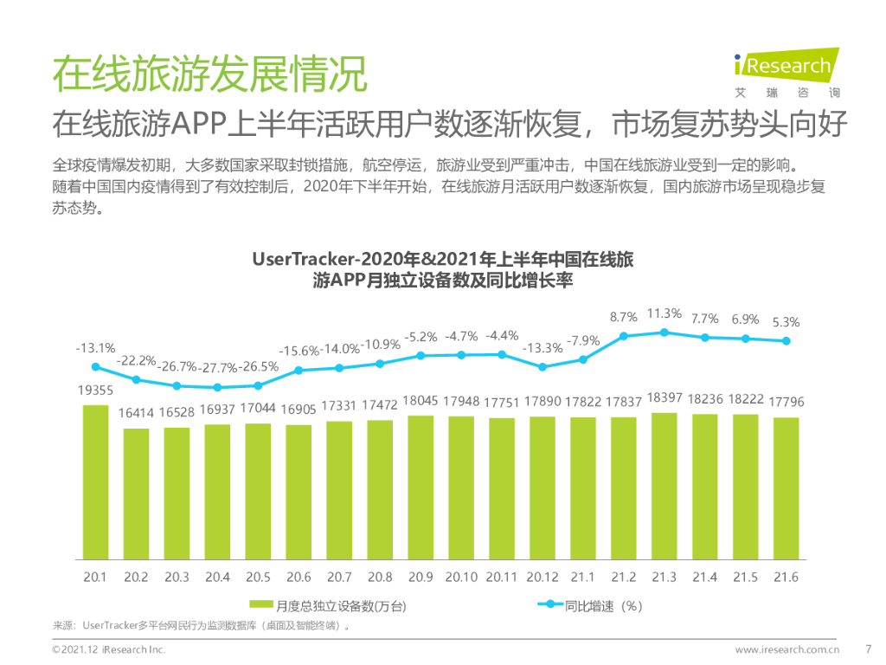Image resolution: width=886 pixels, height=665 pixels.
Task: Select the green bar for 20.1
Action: click(x=95, y=481)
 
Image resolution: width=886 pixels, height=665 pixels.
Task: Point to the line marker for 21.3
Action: click(x=664, y=332)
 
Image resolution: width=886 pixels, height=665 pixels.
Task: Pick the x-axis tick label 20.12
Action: click(x=543, y=577)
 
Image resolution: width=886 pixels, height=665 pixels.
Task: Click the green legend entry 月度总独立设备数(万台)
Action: click(x=328, y=605)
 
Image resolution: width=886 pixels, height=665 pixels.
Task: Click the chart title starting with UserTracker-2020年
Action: click(x=443, y=269)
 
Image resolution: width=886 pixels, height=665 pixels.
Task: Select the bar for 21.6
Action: click(x=786, y=488)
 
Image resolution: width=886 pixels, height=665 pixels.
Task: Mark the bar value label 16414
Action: click(x=136, y=414)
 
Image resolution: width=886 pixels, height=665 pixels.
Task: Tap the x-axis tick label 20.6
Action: click(x=299, y=577)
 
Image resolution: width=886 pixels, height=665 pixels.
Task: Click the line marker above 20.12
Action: click(x=543, y=366)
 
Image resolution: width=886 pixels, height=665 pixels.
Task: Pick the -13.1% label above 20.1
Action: click(x=95, y=348)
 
